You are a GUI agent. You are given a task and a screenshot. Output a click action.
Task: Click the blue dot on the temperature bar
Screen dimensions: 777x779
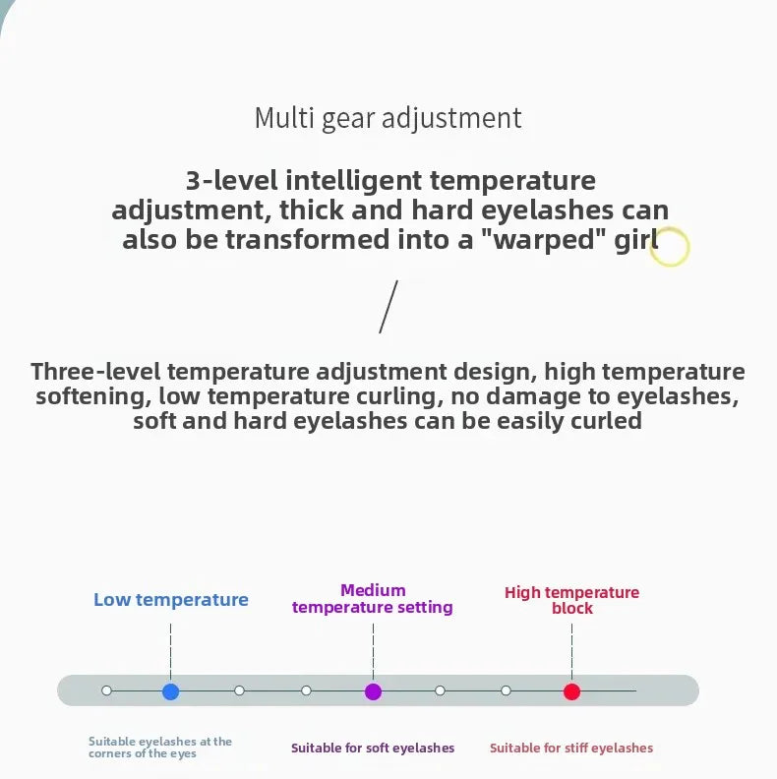(x=170, y=691)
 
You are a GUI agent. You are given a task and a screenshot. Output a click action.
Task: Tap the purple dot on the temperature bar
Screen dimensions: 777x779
(x=373, y=691)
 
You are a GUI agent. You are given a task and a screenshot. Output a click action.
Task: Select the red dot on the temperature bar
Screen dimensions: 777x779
(x=571, y=691)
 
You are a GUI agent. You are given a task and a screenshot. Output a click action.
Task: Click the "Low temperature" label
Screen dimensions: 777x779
(x=171, y=600)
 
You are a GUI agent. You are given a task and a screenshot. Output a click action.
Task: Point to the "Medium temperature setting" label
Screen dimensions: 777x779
(x=373, y=599)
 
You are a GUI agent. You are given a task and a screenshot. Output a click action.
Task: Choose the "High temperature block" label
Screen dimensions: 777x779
(x=571, y=600)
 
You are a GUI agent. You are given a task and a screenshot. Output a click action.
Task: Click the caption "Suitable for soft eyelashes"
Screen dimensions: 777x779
(x=373, y=748)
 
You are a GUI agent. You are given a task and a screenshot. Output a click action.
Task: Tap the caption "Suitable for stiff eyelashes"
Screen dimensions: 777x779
(x=571, y=748)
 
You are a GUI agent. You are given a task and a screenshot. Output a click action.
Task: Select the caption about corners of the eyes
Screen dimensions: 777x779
(x=160, y=748)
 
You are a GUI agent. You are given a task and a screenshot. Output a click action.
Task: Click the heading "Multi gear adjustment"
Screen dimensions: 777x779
(x=388, y=119)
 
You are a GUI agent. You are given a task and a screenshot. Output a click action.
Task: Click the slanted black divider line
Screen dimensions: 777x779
(x=388, y=307)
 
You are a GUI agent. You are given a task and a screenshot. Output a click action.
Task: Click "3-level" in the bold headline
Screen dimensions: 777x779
(x=231, y=180)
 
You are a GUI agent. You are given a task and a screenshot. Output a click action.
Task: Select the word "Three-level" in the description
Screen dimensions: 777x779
(x=95, y=372)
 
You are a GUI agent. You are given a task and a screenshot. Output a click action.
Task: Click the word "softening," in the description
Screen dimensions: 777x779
(x=93, y=397)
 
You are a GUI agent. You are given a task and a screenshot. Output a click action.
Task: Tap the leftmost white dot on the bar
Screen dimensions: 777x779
(x=106, y=690)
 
